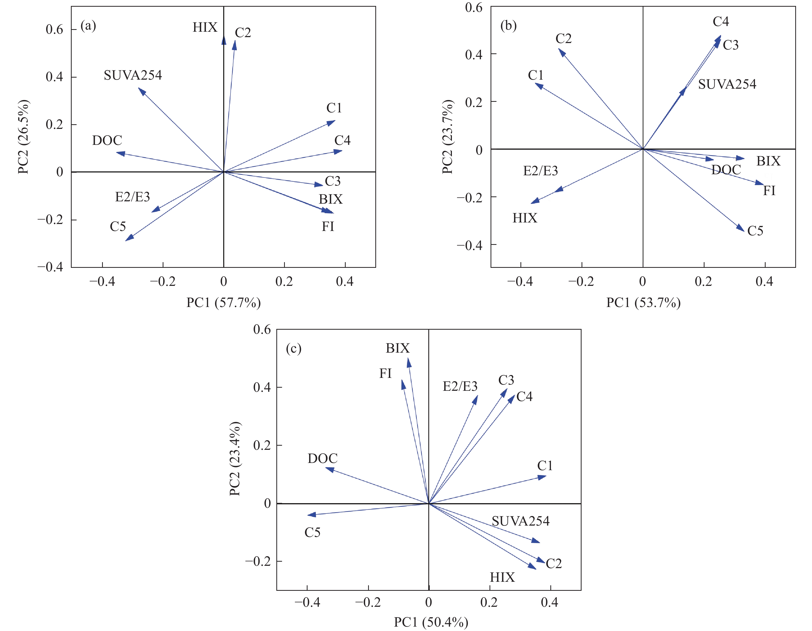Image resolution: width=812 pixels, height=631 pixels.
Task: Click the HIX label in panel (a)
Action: tap(205, 28)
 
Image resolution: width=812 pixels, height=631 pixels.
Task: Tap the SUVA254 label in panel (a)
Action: tap(133, 76)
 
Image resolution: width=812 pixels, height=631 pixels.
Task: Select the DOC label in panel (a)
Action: tap(107, 140)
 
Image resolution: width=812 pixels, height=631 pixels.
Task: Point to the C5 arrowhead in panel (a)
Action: tap(129, 238)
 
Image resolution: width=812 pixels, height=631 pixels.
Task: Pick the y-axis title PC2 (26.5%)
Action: tap(24, 137)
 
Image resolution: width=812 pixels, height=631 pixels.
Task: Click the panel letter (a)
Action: tap(88, 26)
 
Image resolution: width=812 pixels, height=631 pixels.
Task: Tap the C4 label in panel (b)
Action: tap(720, 22)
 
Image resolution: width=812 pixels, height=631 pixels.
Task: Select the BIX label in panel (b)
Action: tap(768, 161)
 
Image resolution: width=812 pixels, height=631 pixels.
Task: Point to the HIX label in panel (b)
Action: tap(525, 218)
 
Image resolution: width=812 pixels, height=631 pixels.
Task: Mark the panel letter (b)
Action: tap(508, 26)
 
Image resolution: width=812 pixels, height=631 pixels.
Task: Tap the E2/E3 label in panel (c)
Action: tap(460, 387)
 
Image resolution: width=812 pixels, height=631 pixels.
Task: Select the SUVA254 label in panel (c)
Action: tap(520, 521)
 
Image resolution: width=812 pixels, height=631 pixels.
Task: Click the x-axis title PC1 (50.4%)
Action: tap(431, 622)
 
